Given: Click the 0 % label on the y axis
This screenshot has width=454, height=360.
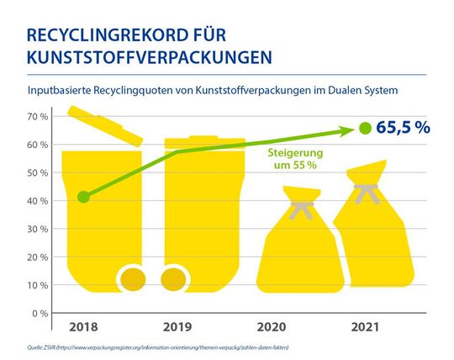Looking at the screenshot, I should (x=38, y=313).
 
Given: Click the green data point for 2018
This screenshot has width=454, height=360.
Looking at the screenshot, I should (x=82, y=197).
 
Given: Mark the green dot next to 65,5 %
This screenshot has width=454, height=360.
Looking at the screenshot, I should (x=364, y=129).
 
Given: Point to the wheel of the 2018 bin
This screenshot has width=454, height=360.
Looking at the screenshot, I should (x=134, y=278).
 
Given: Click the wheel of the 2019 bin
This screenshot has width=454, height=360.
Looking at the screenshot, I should (x=172, y=278).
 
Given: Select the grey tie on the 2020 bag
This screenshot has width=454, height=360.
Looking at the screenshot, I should (x=301, y=205).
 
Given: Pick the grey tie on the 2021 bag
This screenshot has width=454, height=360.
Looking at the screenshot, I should (x=367, y=193).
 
